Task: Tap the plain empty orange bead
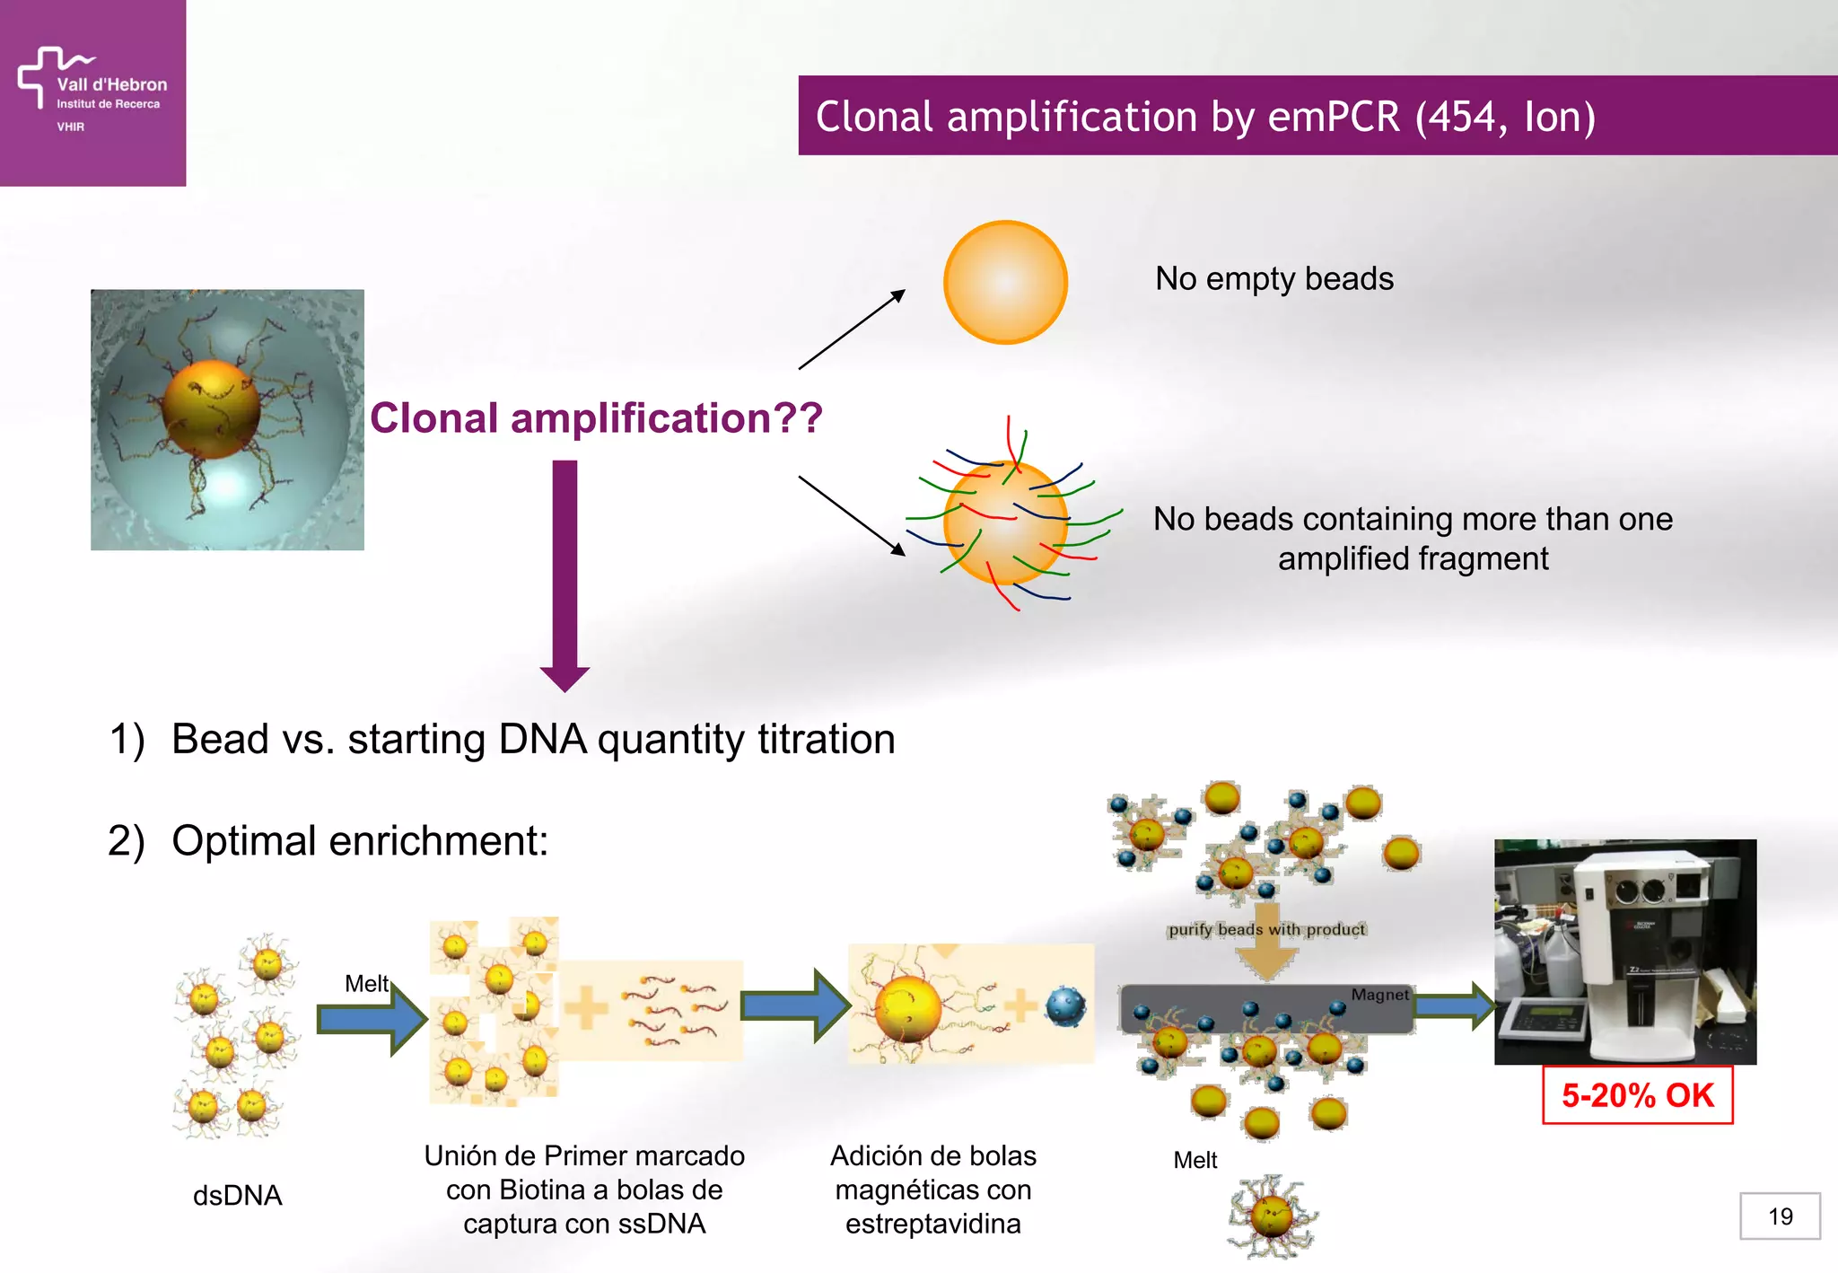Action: pos(1005,282)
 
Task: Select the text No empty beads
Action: pos(1273,279)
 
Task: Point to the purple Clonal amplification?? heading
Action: pos(596,418)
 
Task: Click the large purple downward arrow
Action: pos(565,575)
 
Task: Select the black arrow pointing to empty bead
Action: pos(851,329)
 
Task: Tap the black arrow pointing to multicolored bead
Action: pos(851,515)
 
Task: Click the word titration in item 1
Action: pos(826,740)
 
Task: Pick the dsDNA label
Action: pos(237,1196)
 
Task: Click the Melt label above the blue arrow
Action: pos(366,984)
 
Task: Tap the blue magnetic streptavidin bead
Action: pos(1065,1007)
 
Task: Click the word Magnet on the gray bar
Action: pos(1379,995)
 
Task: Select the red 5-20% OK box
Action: pos(1637,1095)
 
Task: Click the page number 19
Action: pos(1780,1216)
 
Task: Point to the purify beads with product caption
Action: pos(1266,929)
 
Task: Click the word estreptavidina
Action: pos(932,1225)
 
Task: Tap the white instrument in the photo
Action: pos(1651,952)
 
